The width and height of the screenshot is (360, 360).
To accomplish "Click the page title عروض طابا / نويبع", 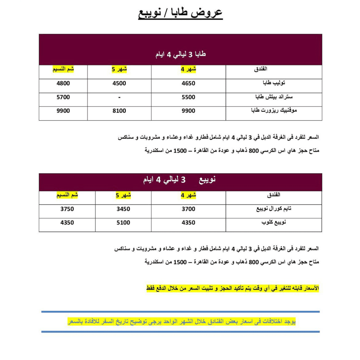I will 180,13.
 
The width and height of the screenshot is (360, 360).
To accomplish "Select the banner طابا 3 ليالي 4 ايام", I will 180,55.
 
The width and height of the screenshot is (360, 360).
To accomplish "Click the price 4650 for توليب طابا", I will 188,84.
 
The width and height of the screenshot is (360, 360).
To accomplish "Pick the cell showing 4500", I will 119,84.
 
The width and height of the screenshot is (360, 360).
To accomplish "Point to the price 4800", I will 63,84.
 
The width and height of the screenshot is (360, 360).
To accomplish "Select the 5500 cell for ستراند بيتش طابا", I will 188,97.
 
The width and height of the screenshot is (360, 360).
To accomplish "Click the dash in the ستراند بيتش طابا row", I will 119,97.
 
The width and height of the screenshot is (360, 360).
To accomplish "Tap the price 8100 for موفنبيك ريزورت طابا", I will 119,111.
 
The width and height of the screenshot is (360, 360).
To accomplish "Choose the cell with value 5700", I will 63,97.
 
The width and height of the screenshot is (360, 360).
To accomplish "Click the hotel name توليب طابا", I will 274,83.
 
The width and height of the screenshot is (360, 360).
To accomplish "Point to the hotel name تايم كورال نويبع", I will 274,209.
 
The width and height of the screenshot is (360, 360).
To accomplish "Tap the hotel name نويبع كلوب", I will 274,223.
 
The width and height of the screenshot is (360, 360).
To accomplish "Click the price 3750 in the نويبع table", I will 67,209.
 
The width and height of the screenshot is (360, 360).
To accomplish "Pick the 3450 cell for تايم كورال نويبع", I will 123,209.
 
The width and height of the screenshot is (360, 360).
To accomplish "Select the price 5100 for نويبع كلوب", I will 123,223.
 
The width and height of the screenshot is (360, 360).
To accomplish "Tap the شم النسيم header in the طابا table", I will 63,69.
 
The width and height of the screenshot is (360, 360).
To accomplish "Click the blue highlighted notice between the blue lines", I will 181,322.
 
